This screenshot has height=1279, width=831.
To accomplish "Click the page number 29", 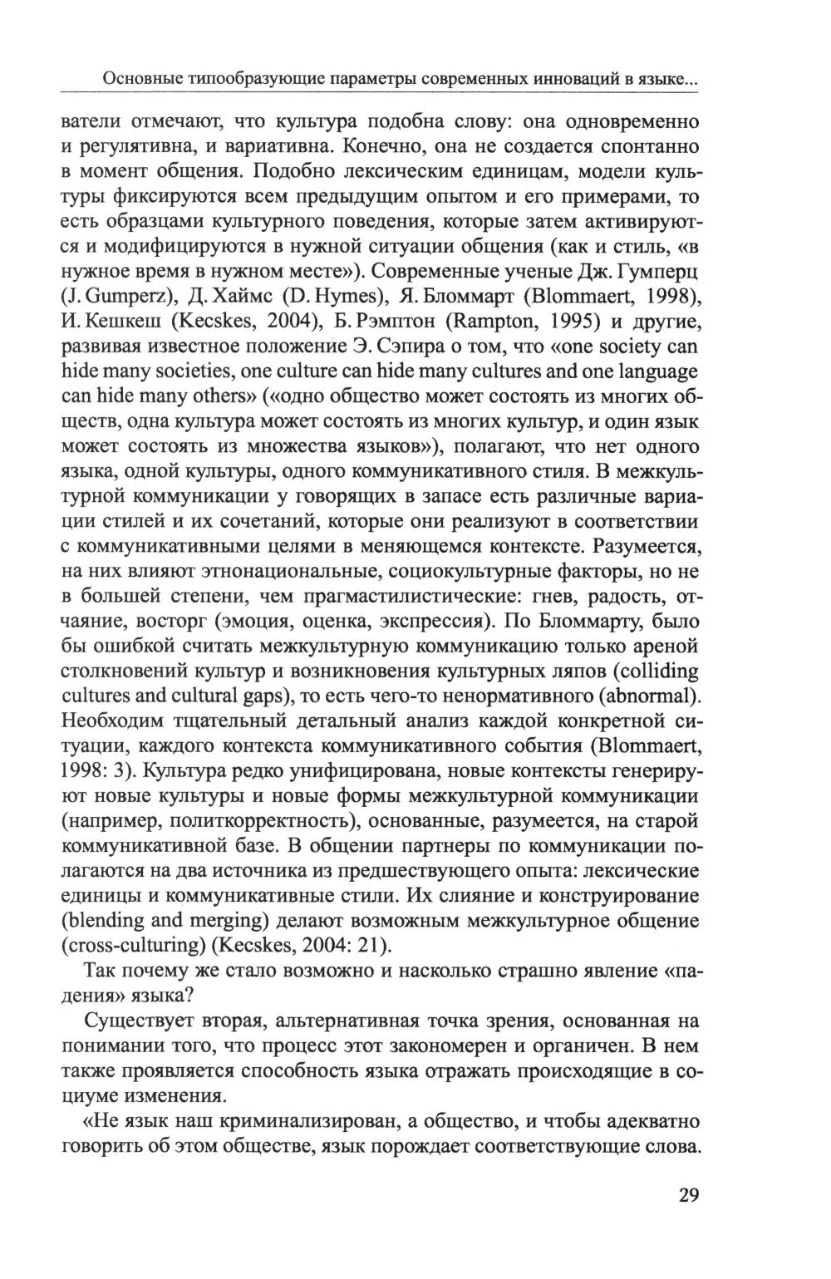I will point(689,1196).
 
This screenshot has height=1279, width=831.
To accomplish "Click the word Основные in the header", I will point(136,81).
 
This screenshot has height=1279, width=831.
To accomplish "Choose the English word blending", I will point(119,922).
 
